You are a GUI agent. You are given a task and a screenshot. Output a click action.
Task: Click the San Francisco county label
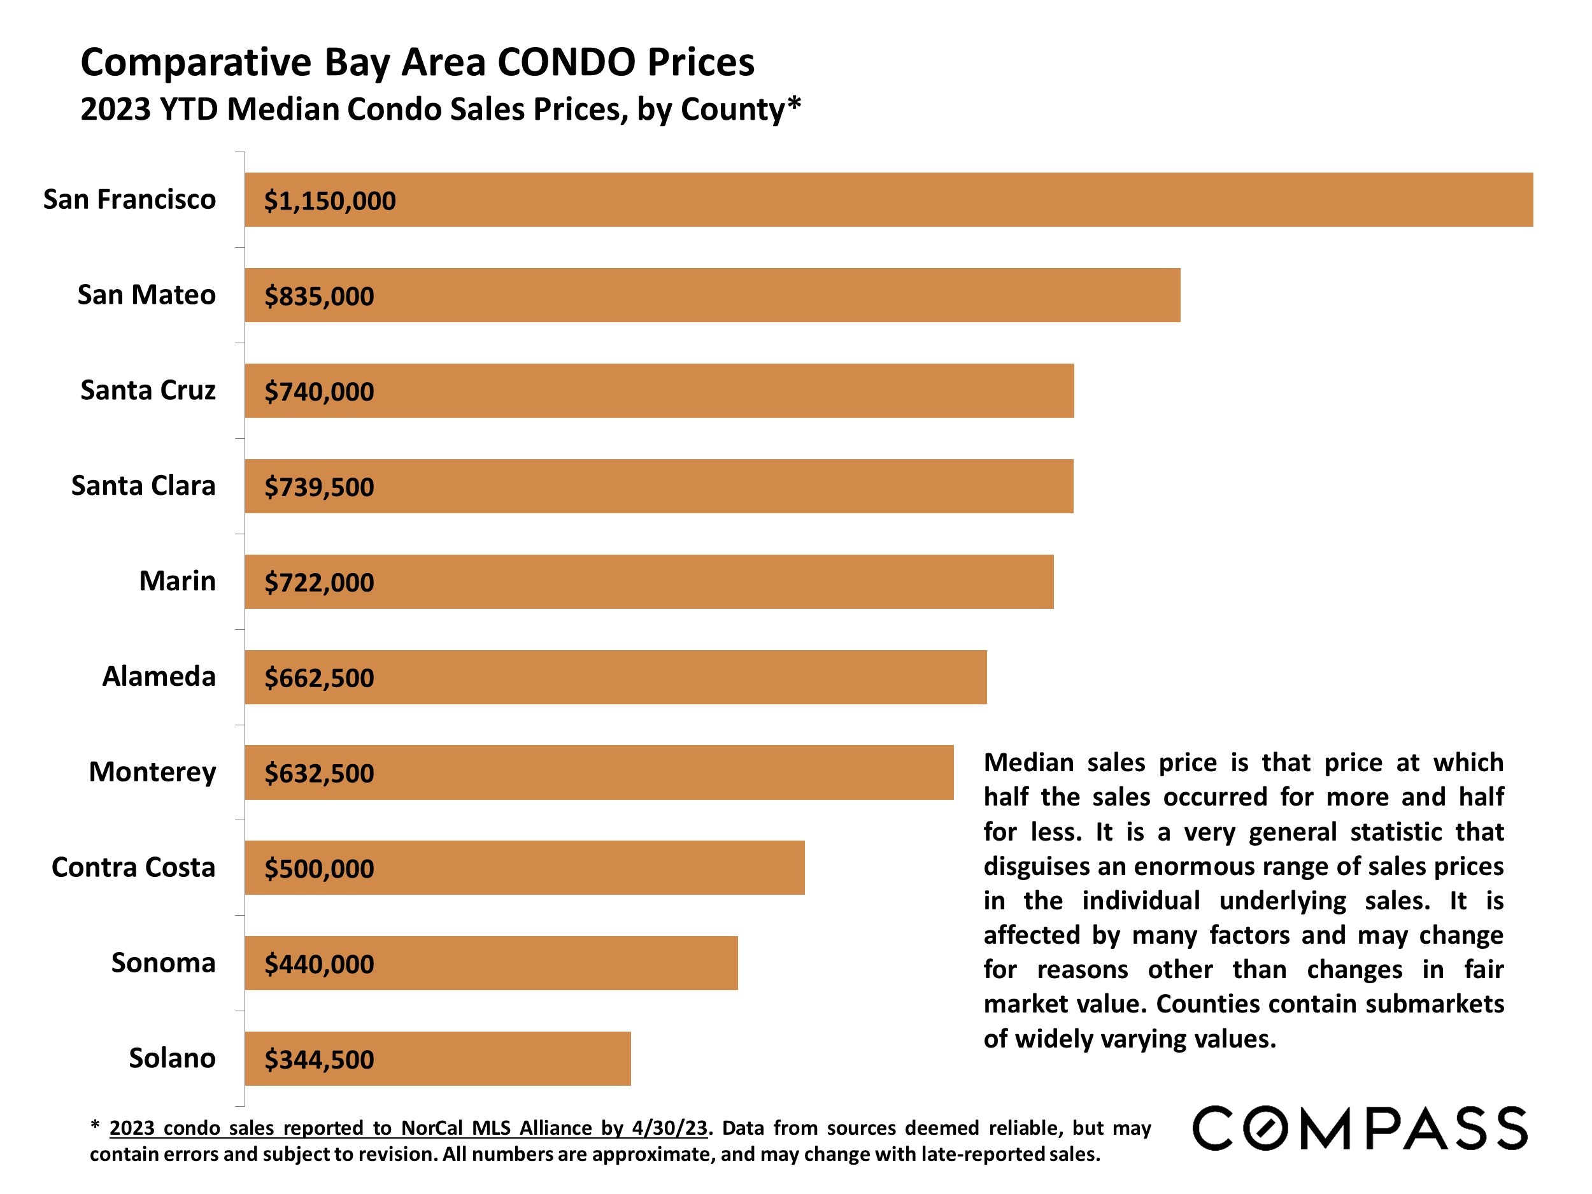pyautogui.click(x=129, y=199)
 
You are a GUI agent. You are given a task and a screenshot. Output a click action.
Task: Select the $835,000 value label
pyautogui.click(x=319, y=296)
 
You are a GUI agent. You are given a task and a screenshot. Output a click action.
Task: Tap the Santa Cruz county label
pyautogui.click(x=148, y=390)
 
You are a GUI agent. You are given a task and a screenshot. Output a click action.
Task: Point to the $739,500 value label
pyautogui.click(x=319, y=487)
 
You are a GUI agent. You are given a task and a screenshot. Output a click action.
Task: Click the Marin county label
pyautogui.click(x=177, y=581)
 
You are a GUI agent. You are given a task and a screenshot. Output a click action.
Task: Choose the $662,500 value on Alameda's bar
pyautogui.click(x=319, y=678)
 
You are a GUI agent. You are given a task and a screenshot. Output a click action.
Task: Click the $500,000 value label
pyautogui.click(x=319, y=869)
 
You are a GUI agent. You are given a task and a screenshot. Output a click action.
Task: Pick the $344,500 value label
pyautogui.click(x=319, y=1060)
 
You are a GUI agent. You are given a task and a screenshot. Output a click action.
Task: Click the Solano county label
pyautogui.click(x=172, y=1058)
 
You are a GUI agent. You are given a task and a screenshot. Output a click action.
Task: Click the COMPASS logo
pyautogui.click(x=1360, y=1128)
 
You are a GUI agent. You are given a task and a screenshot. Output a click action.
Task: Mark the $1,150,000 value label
pyautogui.click(x=330, y=201)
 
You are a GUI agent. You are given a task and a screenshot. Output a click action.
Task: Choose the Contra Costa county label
pyautogui.click(x=133, y=867)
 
